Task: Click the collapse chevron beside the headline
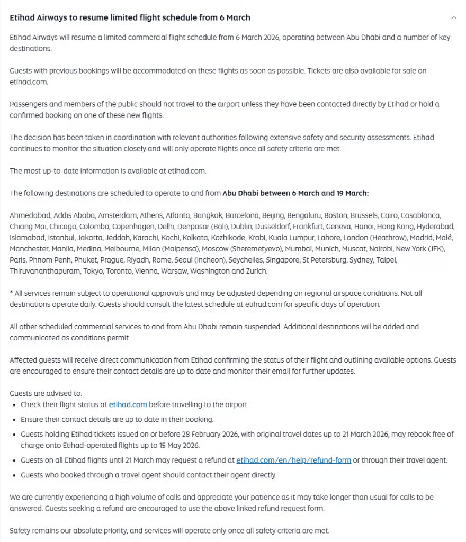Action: click(x=454, y=17)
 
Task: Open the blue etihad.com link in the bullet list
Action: click(x=128, y=404)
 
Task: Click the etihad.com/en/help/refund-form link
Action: click(x=293, y=460)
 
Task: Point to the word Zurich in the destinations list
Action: click(x=256, y=271)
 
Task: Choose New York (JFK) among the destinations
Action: click(x=420, y=249)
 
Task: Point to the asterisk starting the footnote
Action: click(x=11, y=293)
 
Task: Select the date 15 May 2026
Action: click(x=181, y=445)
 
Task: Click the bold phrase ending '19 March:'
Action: click(x=295, y=193)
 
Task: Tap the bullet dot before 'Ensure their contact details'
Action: click(x=13, y=420)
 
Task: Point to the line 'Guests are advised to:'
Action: click(x=46, y=393)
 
